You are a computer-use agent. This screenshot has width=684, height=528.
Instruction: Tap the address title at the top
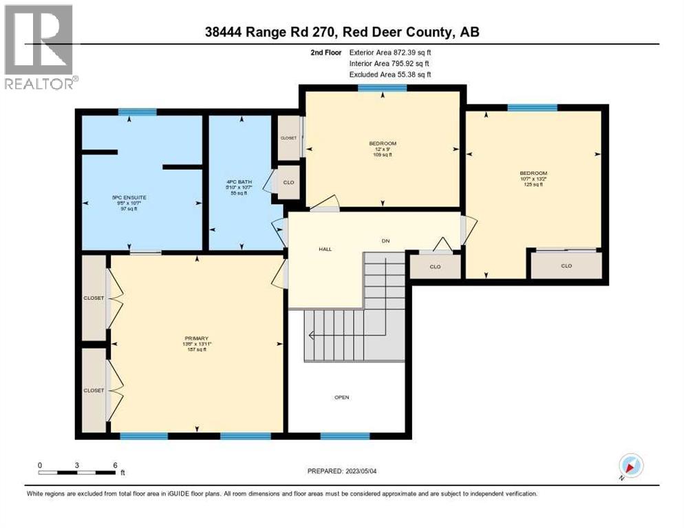tap(342, 31)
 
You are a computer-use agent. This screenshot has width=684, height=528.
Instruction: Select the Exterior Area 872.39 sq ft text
tap(390, 52)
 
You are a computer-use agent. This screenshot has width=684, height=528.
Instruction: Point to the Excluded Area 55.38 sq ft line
tap(390, 74)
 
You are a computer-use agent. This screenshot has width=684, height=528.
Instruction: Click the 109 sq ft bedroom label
tap(383, 148)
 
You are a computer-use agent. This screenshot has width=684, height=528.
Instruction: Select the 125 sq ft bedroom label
tap(533, 178)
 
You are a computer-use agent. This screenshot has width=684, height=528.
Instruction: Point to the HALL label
tap(325, 249)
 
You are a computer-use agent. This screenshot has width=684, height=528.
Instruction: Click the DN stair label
tap(386, 241)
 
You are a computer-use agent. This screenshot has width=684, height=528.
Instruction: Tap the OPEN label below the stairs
tap(342, 397)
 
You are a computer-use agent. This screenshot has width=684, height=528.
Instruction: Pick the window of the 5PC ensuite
tap(137, 112)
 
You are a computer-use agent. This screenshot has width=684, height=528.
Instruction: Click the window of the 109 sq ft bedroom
tap(382, 88)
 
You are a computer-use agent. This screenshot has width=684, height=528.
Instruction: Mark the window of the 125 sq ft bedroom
tap(532, 107)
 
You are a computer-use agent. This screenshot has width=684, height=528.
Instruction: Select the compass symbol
tap(630, 465)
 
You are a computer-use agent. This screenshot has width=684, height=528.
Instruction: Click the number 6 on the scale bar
tap(115, 465)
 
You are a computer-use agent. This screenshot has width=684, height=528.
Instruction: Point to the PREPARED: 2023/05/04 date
tap(343, 471)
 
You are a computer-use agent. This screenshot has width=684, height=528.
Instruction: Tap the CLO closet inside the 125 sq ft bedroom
tap(566, 265)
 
